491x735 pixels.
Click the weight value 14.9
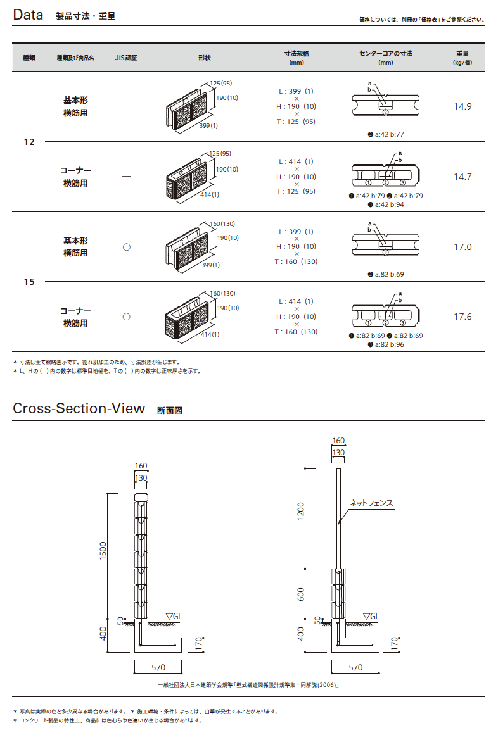point(462,106)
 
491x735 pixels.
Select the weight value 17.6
point(462,317)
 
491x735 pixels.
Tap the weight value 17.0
point(462,247)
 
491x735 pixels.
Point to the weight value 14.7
point(462,177)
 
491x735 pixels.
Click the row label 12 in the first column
point(29,142)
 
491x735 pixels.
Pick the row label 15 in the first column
point(29,282)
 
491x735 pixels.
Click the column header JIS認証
point(126,58)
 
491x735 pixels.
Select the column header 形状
point(204,58)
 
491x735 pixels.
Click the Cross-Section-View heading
point(79,408)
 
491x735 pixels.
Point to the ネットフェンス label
point(372,503)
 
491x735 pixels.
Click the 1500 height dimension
point(104,550)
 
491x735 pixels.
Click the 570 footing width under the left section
point(158,667)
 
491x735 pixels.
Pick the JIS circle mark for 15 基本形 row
point(126,247)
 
